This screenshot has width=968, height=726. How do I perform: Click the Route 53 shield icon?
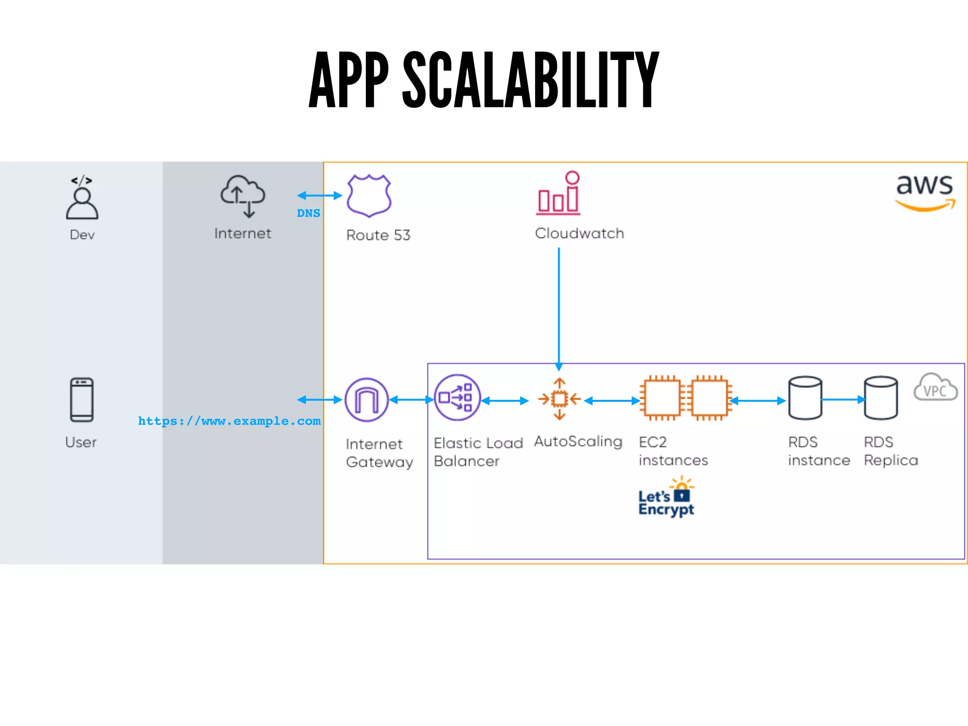click(x=369, y=195)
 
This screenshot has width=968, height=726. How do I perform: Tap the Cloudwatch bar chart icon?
click(x=559, y=194)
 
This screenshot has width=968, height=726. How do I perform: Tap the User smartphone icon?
click(x=82, y=399)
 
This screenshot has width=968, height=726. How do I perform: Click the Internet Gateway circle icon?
click(x=367, y=400)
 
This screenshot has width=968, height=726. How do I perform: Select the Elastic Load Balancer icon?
click(x=457, y=398)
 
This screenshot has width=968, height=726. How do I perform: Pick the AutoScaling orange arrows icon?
click(x=560, y=399)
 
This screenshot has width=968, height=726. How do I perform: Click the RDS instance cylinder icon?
click(x=805, y=398)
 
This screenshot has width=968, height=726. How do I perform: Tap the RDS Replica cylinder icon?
click(x=881, y=398)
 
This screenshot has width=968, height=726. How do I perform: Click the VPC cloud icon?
click(x=935, y=388)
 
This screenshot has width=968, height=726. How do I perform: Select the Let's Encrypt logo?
click(x=666, y=498)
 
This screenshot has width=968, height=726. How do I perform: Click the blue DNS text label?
click(x=308, y=213)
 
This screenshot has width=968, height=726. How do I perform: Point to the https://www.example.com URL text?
click(x=229, y=421)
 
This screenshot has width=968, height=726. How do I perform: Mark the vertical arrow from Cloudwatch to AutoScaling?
click(x=559, y=307)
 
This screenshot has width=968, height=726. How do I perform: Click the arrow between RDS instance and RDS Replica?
click(x=843, y=400)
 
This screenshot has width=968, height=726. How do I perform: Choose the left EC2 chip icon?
click(x=662, y=398)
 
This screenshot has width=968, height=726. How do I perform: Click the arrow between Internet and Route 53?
click(x=320, y=195)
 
